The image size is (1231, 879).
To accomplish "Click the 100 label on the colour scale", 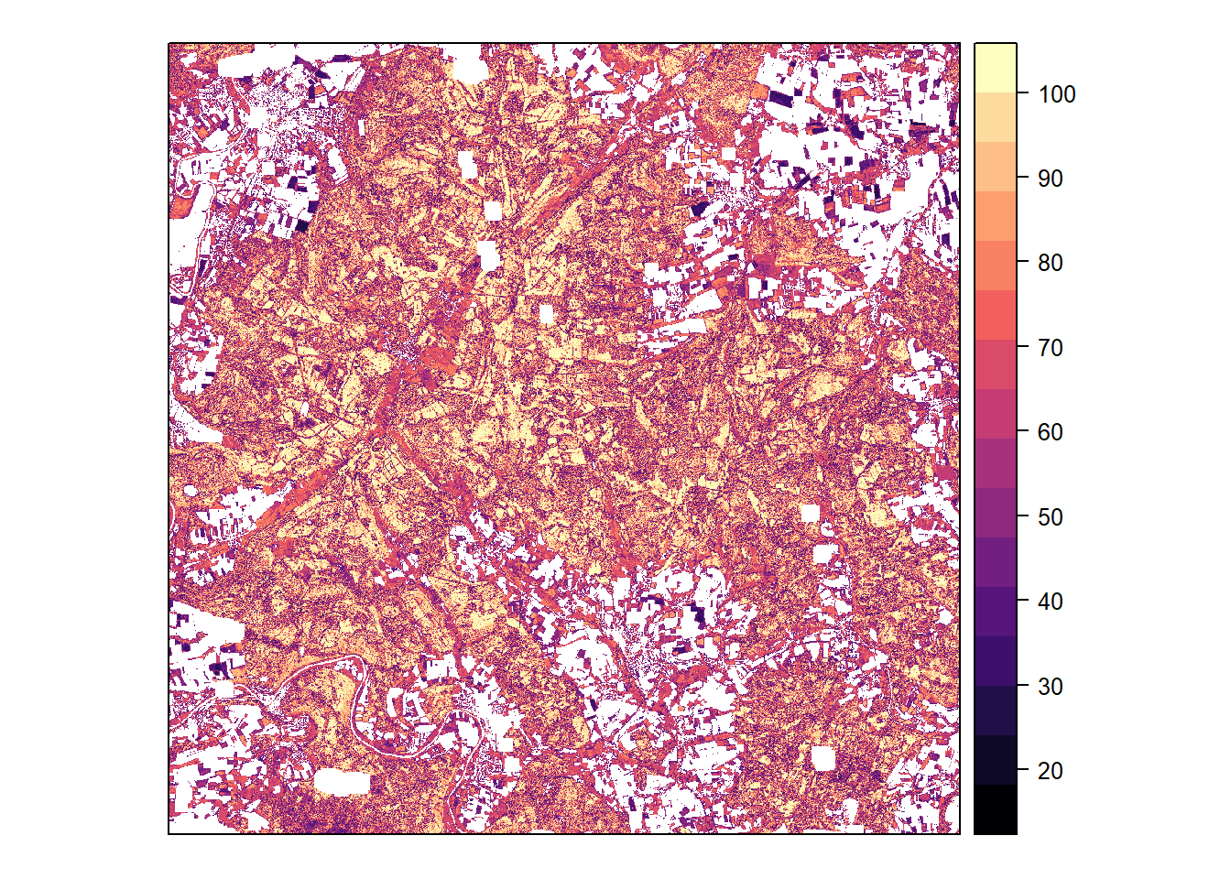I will click(x=1056, y=94).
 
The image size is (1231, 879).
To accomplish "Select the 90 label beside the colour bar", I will click(x=1050, y=179).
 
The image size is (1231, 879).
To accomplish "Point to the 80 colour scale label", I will click(x=1050, y=263).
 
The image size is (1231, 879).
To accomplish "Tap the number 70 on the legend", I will click(x=1050, y=348).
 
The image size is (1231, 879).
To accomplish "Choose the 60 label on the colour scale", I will click(x=1050, y=432).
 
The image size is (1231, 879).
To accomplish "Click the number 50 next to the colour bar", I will click(x=1050, y=517).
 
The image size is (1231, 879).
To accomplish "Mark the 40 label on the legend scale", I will click(x=1050, y=602).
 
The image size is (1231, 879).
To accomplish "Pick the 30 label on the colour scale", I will click(x=1050, y=687).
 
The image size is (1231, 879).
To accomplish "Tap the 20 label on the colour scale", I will click(x=1050, y=771).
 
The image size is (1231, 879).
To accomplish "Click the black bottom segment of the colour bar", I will click(x=995, y=809).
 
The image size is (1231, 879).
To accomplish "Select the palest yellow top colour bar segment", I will click(x=995, y=67).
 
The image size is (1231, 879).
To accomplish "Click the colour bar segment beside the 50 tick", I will click(x=995, y=513).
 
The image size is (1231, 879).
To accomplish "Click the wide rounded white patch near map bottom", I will click(x=343, y=782).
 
